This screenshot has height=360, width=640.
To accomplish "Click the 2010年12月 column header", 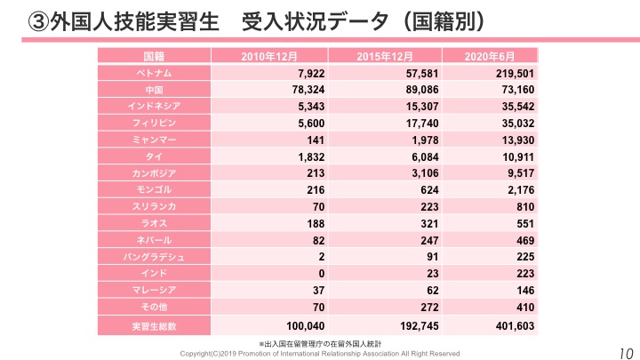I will point(268,57).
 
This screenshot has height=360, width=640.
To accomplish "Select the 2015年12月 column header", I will point(384,57).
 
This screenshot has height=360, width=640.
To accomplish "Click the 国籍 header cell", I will point(154,57).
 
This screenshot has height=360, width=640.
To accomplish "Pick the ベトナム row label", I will point(154,73).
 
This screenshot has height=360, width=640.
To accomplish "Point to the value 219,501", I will point(511,73).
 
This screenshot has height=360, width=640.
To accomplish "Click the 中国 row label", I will point(154,90).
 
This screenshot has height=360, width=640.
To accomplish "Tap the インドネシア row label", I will point(154,106).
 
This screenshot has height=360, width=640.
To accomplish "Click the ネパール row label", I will point(154,239).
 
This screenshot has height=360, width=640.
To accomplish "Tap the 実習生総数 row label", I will point(154,326).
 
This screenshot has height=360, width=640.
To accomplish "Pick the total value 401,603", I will point(511,326).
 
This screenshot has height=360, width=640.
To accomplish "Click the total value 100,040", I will point(300,326).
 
